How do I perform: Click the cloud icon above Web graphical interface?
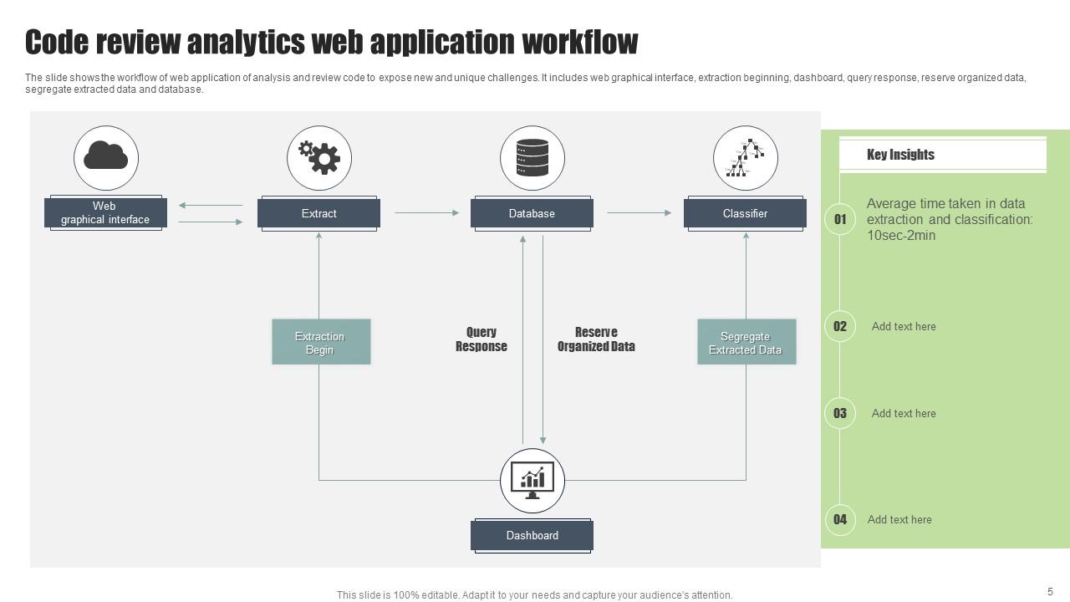[105, 157]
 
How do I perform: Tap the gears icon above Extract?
[319, 157]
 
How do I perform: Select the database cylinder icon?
[532, 157]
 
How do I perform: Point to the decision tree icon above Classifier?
[746, 157]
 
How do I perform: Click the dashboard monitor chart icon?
[532, 480]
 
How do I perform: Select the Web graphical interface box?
[105, 213]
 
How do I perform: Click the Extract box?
[318, 213]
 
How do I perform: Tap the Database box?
[532, 213]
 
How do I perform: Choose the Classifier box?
[745, 213]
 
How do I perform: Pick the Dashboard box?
[532, 535]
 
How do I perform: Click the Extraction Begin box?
[321, 342]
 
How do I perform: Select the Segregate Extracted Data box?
[746, 342]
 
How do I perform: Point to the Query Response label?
[481, 339]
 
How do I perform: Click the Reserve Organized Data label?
[596, 339]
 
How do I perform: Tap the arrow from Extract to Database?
[426, 213]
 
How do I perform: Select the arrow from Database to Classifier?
[639, 213]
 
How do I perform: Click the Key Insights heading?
[900, 155]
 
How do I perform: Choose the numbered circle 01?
[840, 219]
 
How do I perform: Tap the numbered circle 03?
[840, 413]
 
